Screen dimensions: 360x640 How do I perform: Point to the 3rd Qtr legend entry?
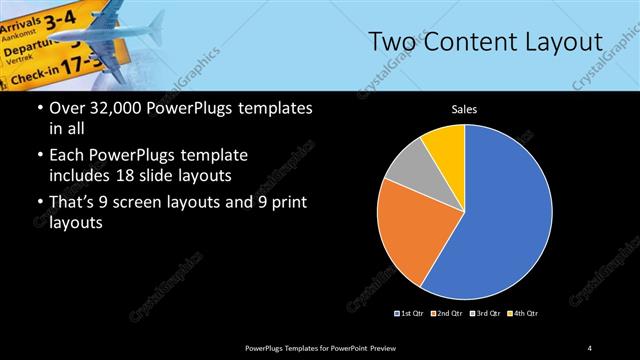point(486,314)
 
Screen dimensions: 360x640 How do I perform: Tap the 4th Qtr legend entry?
point(523,314)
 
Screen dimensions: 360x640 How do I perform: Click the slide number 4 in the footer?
point(590,347)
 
